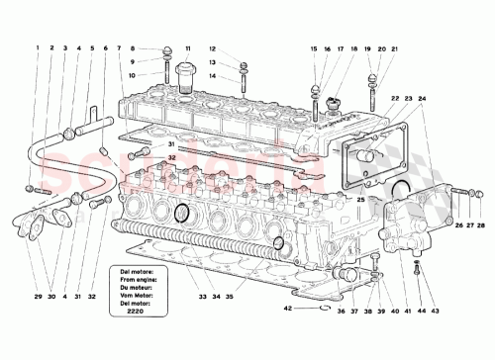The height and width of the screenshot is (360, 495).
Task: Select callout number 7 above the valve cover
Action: click(119, 47)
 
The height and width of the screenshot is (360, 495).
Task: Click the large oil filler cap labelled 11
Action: click(185, 75)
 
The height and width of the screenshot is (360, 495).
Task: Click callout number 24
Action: click(422, 98)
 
